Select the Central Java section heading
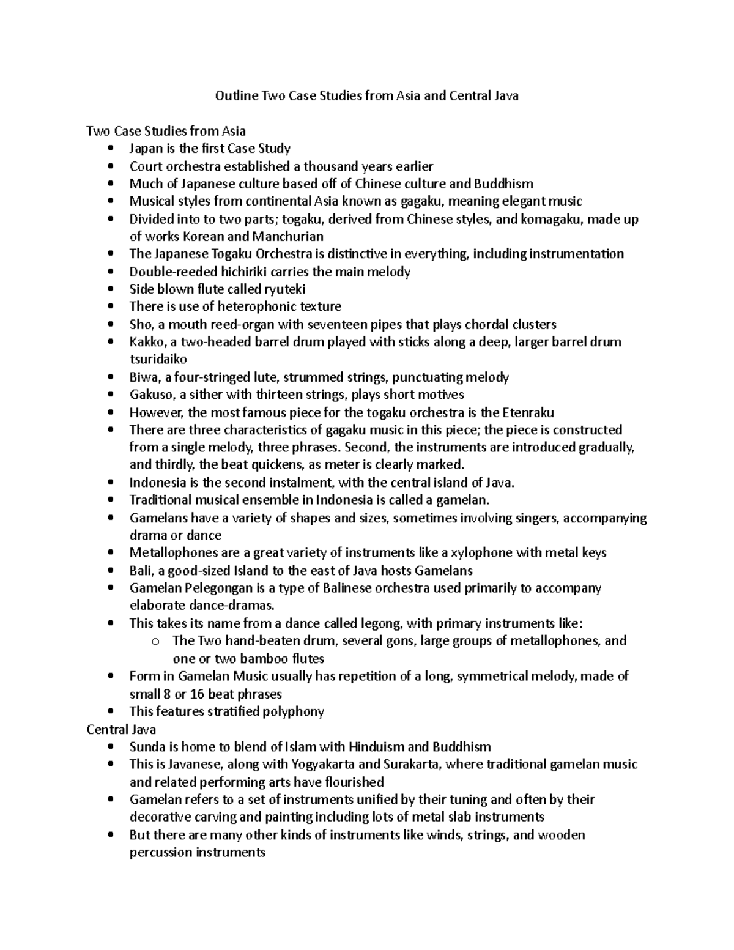click(121, 729)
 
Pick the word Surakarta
click(409, 765)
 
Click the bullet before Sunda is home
click(109, 747)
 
